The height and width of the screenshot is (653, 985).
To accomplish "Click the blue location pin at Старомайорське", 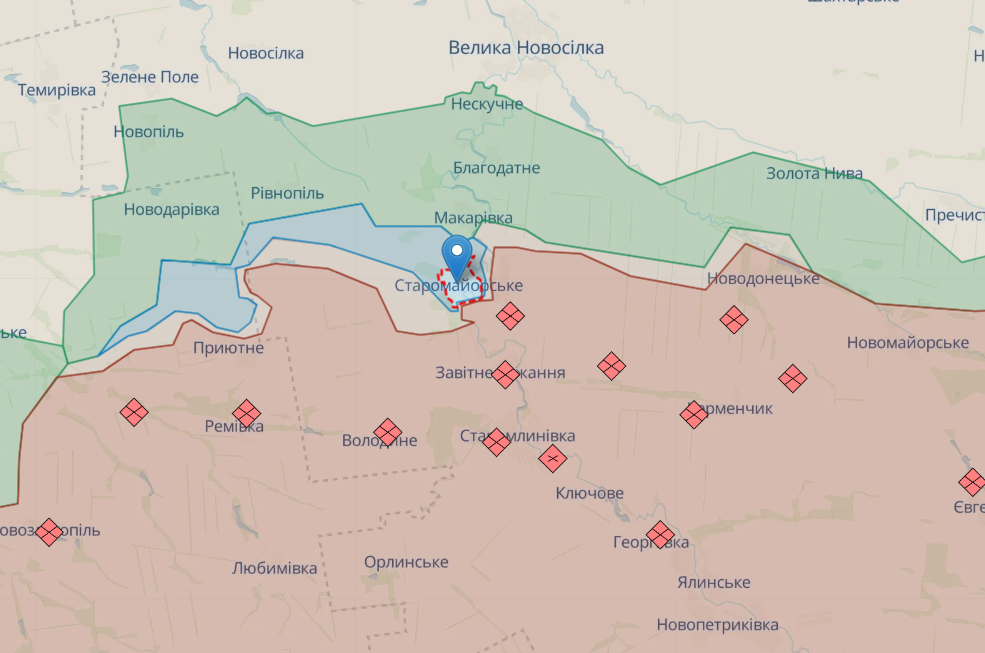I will (458, 255).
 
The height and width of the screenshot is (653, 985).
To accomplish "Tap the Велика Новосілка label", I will (526, 48).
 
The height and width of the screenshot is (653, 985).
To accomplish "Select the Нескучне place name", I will (487, 104).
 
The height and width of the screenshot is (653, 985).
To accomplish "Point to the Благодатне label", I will (496, 168).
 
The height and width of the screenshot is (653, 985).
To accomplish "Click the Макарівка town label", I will (473, 218).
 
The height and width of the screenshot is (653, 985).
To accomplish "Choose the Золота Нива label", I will (814, 173).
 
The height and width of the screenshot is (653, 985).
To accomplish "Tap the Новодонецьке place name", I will (763, 278).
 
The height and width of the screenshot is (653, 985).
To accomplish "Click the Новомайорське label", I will (907, 343).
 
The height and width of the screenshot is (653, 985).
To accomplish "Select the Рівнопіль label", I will (287, 193).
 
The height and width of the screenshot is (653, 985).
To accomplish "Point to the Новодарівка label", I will (171, 210).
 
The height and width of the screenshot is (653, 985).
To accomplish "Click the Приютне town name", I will (229, 348).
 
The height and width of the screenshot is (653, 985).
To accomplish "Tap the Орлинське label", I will (406, 562).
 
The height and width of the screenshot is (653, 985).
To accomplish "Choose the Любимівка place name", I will (274, 568).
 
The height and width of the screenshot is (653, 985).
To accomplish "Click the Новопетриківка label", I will (717, 625).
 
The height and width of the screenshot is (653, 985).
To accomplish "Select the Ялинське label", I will (713, 582).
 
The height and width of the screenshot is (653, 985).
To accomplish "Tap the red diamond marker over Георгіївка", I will (659, 534).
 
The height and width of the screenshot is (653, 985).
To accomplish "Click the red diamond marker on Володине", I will (387, 432).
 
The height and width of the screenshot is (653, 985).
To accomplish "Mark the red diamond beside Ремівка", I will (246, 413).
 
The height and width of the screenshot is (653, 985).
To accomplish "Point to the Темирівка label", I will (57, 90).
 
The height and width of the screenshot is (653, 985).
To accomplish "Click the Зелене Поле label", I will (150, 77).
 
